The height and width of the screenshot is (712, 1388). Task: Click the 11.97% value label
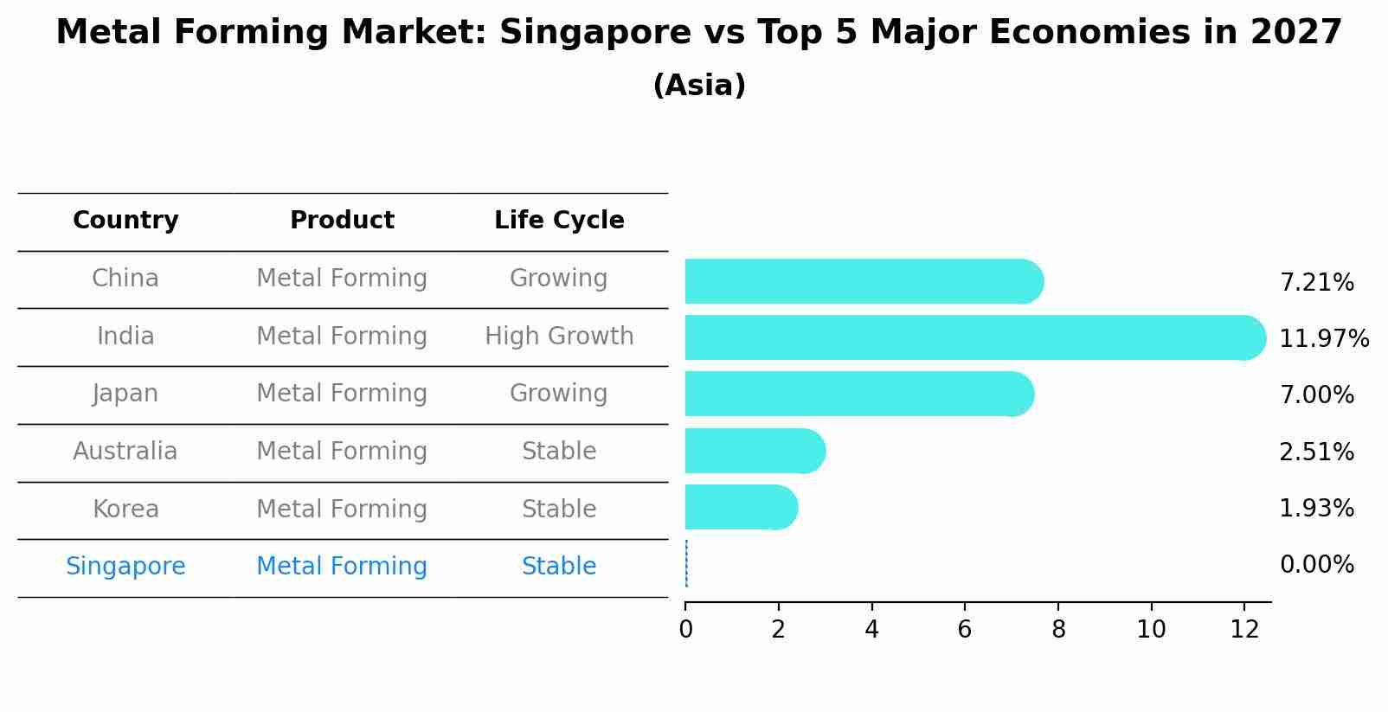pyautogui.click(x=1323, y=338)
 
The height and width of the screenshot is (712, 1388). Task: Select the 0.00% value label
pyautogui.click(x=1316, y=565)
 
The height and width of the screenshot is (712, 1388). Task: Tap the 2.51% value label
pyautogui.click(x=1316, y=452)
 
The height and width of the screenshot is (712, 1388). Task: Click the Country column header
pyautogui.click(x=125, y=221)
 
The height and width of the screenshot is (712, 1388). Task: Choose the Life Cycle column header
pyautogui.click(x=559, y=221)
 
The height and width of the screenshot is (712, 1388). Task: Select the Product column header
pyautogui.click(x=342, y=221)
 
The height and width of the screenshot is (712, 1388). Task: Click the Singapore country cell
pyautogui.click(x=125, y=567)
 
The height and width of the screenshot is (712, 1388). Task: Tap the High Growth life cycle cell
pyautogui.click(x=559, y=336)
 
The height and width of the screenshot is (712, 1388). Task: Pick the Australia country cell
pyautogui.click(x=125, y=452)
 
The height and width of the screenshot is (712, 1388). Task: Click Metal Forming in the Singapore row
pyautogui.click(x=342, y=567)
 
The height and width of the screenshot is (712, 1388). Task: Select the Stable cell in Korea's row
pyautogui.click(x=559, y=509)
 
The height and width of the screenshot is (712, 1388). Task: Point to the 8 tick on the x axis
pyautogui.click(x=1057, y=630)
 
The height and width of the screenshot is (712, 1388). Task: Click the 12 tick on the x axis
pyautogui.click(x=1244, y=630)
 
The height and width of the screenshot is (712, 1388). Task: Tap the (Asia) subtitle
pyautogui.click(x=699, y=86)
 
